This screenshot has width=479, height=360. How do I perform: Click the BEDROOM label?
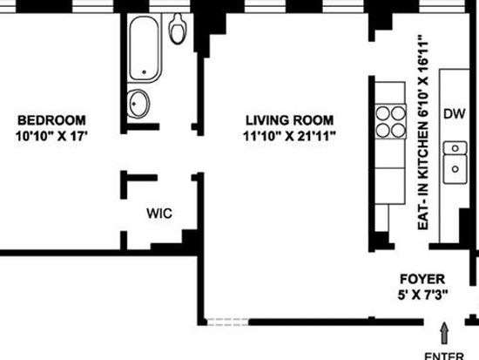[51, 120]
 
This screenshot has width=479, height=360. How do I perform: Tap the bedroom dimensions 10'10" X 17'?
[51, 136]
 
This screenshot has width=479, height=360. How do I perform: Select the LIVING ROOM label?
[290, 120]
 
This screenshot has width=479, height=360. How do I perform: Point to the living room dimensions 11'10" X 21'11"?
[290, 136]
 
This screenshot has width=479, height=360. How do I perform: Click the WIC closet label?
[159, 214]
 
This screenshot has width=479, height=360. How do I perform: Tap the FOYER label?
[422, 279]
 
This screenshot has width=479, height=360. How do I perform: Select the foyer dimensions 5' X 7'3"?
[422, 295]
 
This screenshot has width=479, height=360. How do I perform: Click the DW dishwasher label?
[455, 114]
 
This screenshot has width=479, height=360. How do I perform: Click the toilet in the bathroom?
[178, 29]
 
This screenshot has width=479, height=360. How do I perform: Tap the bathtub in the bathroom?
[145, 49]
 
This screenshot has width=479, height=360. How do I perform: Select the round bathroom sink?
[138, 104]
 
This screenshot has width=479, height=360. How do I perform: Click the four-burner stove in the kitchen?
[390, 122]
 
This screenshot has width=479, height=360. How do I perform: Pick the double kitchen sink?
[455, 162]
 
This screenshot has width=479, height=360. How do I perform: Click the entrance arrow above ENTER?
[444, 333]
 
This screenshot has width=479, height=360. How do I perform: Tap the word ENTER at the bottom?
[444, 356]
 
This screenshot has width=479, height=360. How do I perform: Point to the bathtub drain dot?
[145, 72]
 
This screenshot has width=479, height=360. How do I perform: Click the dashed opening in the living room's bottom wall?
[228, 322]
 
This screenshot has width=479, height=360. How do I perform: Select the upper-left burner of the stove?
[383, 113]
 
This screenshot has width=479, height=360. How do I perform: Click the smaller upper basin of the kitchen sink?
[455, 148]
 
